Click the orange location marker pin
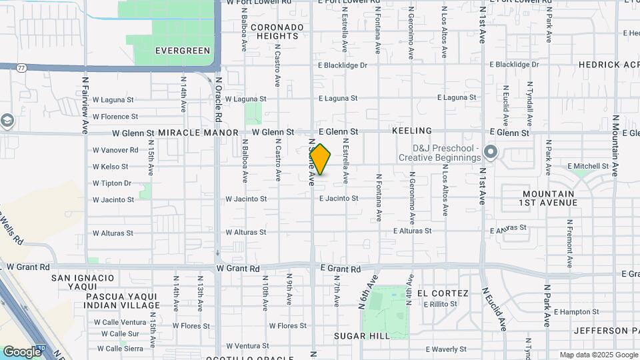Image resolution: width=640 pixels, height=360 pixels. click(321, 159)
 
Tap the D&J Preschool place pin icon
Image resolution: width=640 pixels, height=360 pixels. click(491, 153)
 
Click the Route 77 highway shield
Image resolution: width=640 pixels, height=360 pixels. click(22, 67)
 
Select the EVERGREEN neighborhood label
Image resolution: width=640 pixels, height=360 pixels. click(182, 50)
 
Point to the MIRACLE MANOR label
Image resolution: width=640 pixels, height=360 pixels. click(198, 133)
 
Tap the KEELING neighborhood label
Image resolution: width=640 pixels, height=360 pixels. click(412, 131)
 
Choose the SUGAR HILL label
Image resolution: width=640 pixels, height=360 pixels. click(362, 336)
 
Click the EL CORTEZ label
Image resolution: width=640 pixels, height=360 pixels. click(437, 293)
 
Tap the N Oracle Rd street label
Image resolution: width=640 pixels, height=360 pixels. click(218, 99)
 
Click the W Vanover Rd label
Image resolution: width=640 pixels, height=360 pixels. click(115, 150)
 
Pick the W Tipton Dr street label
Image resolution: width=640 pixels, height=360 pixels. click(112, 183)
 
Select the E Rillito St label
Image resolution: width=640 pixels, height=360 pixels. click(441, 304)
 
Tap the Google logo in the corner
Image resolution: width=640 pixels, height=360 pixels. click(22, 351)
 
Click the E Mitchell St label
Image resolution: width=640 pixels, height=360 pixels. click(589, 166)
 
